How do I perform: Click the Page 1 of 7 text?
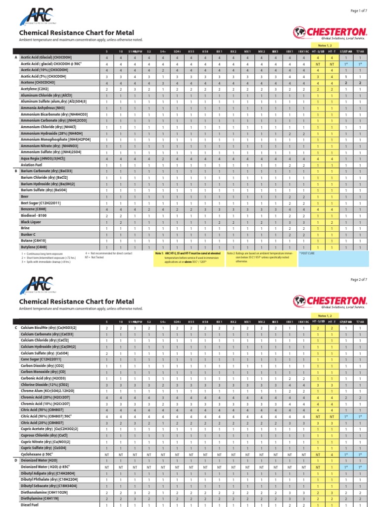point(362,11)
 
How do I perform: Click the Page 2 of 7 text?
point(362,280)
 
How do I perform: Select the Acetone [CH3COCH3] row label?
point(41,83)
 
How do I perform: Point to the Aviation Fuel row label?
point(33,165)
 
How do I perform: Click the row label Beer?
point(26,197)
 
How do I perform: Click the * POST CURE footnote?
point(308,253)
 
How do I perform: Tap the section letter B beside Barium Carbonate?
point(16,171)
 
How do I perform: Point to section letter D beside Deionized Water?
point(16,460)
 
